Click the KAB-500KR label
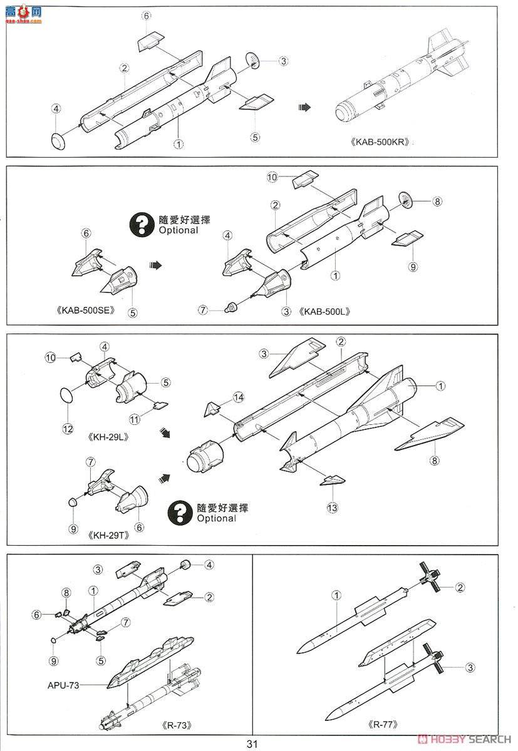[x=380, y=142]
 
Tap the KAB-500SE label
[x=86, y=310]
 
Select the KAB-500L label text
[x=324, y=312]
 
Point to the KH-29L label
[x=108, y=437]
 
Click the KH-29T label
[x=108, y=535]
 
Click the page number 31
[x=252, y=744]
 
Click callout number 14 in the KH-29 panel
[x=238, y=397]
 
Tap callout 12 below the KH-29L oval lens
[x=68, y=429]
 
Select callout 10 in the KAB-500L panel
[x=272, y=177]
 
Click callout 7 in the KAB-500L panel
[x=203, y=310]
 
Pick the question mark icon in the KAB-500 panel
[x=142, y=224]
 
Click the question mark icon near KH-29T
[x=180, y=513]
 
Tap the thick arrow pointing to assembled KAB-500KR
[x=304, y=107]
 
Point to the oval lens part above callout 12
[x=66, y=395]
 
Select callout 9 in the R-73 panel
[x=53, y=661]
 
